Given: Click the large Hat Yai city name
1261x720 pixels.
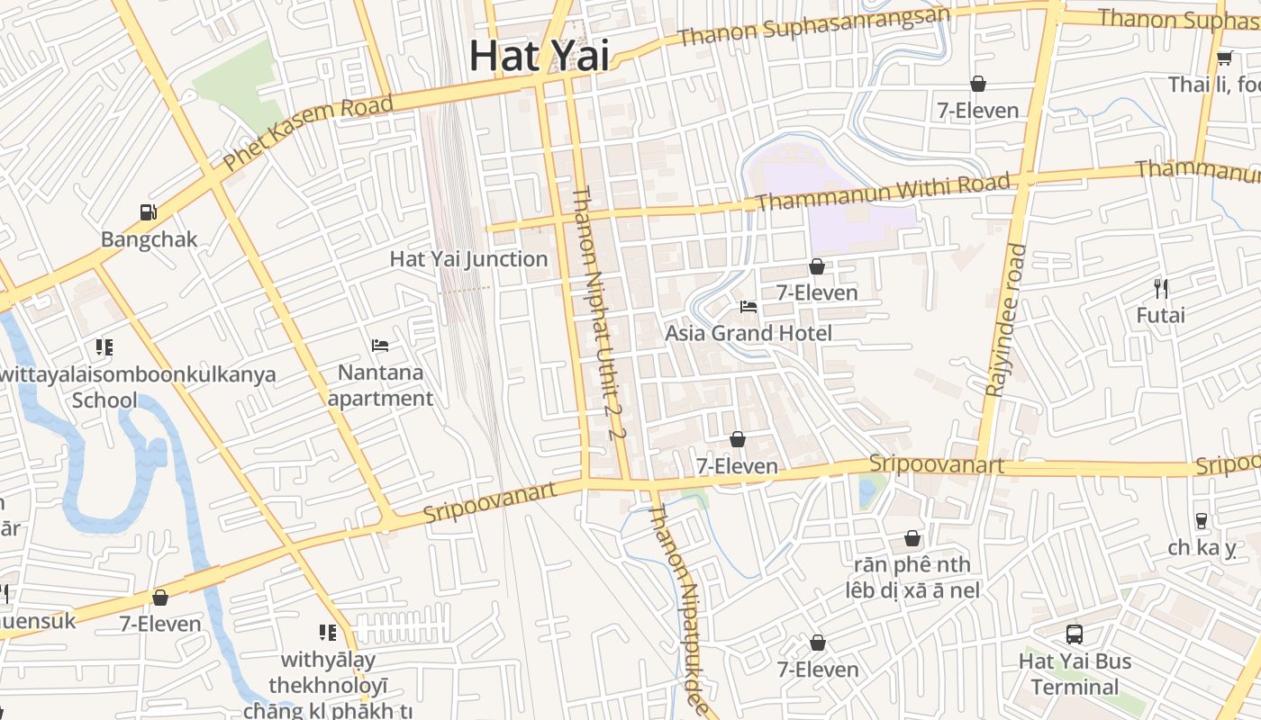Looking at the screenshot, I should tap(539, 56).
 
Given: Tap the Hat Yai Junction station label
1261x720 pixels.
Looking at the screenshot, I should tap(468, 259).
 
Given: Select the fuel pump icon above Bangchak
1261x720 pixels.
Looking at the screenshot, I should tap(149, 212).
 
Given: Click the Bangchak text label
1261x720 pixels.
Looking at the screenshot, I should tap(149, 239).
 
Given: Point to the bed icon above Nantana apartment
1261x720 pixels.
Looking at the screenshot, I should tap(380, 346).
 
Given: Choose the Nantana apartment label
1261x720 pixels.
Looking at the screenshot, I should tap(380, 385).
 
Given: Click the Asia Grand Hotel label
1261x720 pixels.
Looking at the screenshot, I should tap(748, 333).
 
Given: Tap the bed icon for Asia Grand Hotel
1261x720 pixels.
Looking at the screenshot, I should tap(748, 306).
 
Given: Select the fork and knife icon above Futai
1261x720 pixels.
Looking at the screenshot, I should tap(1161, 289).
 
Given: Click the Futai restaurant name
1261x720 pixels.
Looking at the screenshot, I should tap(1160, 316).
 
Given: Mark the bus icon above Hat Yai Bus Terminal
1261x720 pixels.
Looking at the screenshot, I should tap(1075, 634).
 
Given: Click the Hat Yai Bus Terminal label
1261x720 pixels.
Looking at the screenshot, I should tap(1075, 674).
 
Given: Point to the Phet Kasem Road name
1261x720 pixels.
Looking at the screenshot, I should tap(308, 133).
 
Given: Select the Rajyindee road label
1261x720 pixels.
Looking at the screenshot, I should tap(1006, 319).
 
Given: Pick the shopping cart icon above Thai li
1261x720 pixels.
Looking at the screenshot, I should tap(1224, 58).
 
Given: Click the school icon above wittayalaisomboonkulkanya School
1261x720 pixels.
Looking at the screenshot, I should tap(104, 346).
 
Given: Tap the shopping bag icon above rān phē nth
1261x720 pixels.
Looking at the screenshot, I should tap(912, 538).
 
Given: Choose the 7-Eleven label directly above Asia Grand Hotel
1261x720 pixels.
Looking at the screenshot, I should tap(817, 292).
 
